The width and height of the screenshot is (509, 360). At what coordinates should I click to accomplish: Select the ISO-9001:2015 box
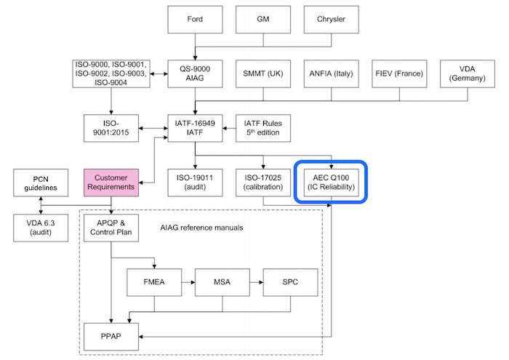pos(111,129)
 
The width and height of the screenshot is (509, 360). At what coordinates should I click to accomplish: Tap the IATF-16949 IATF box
pos(194,129)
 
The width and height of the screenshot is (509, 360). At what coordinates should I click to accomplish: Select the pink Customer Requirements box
pos(111,182)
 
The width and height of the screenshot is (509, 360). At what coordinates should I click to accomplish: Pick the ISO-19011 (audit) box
pos(194,182)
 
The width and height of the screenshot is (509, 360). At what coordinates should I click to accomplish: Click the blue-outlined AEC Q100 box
pos(332,182)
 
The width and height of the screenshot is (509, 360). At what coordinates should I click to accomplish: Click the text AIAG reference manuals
pos(201,228)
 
